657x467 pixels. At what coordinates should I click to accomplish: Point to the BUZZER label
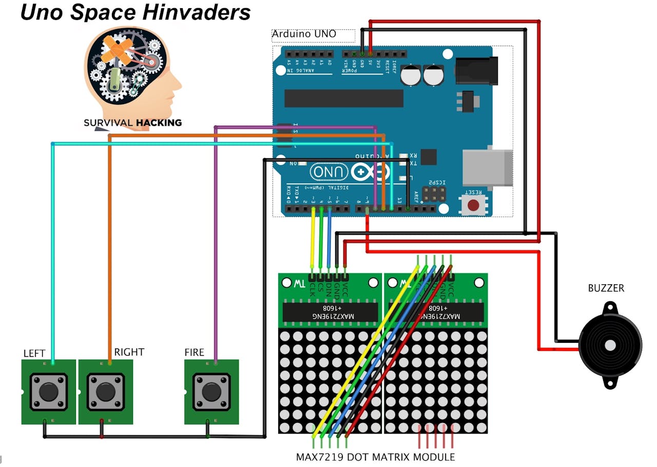click(x=606, y=288)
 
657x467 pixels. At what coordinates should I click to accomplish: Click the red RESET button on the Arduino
click(x=473, y=205)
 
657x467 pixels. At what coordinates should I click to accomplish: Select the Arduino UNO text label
click(x=304, y=34)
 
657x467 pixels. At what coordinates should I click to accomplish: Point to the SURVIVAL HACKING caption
click(x=132, y=123)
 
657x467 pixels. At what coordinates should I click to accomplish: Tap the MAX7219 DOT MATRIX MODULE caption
click(x=375, y=457)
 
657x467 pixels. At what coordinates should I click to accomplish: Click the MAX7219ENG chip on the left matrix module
click(x=330, y=312)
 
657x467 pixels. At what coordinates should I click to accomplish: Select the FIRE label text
click(x=194, y=353)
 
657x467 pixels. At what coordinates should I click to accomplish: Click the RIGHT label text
click(x=129, y=352)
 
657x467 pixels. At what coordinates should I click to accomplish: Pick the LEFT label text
click(x=34, y=354)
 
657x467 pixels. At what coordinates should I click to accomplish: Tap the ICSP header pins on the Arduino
click(x=434, y=193)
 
